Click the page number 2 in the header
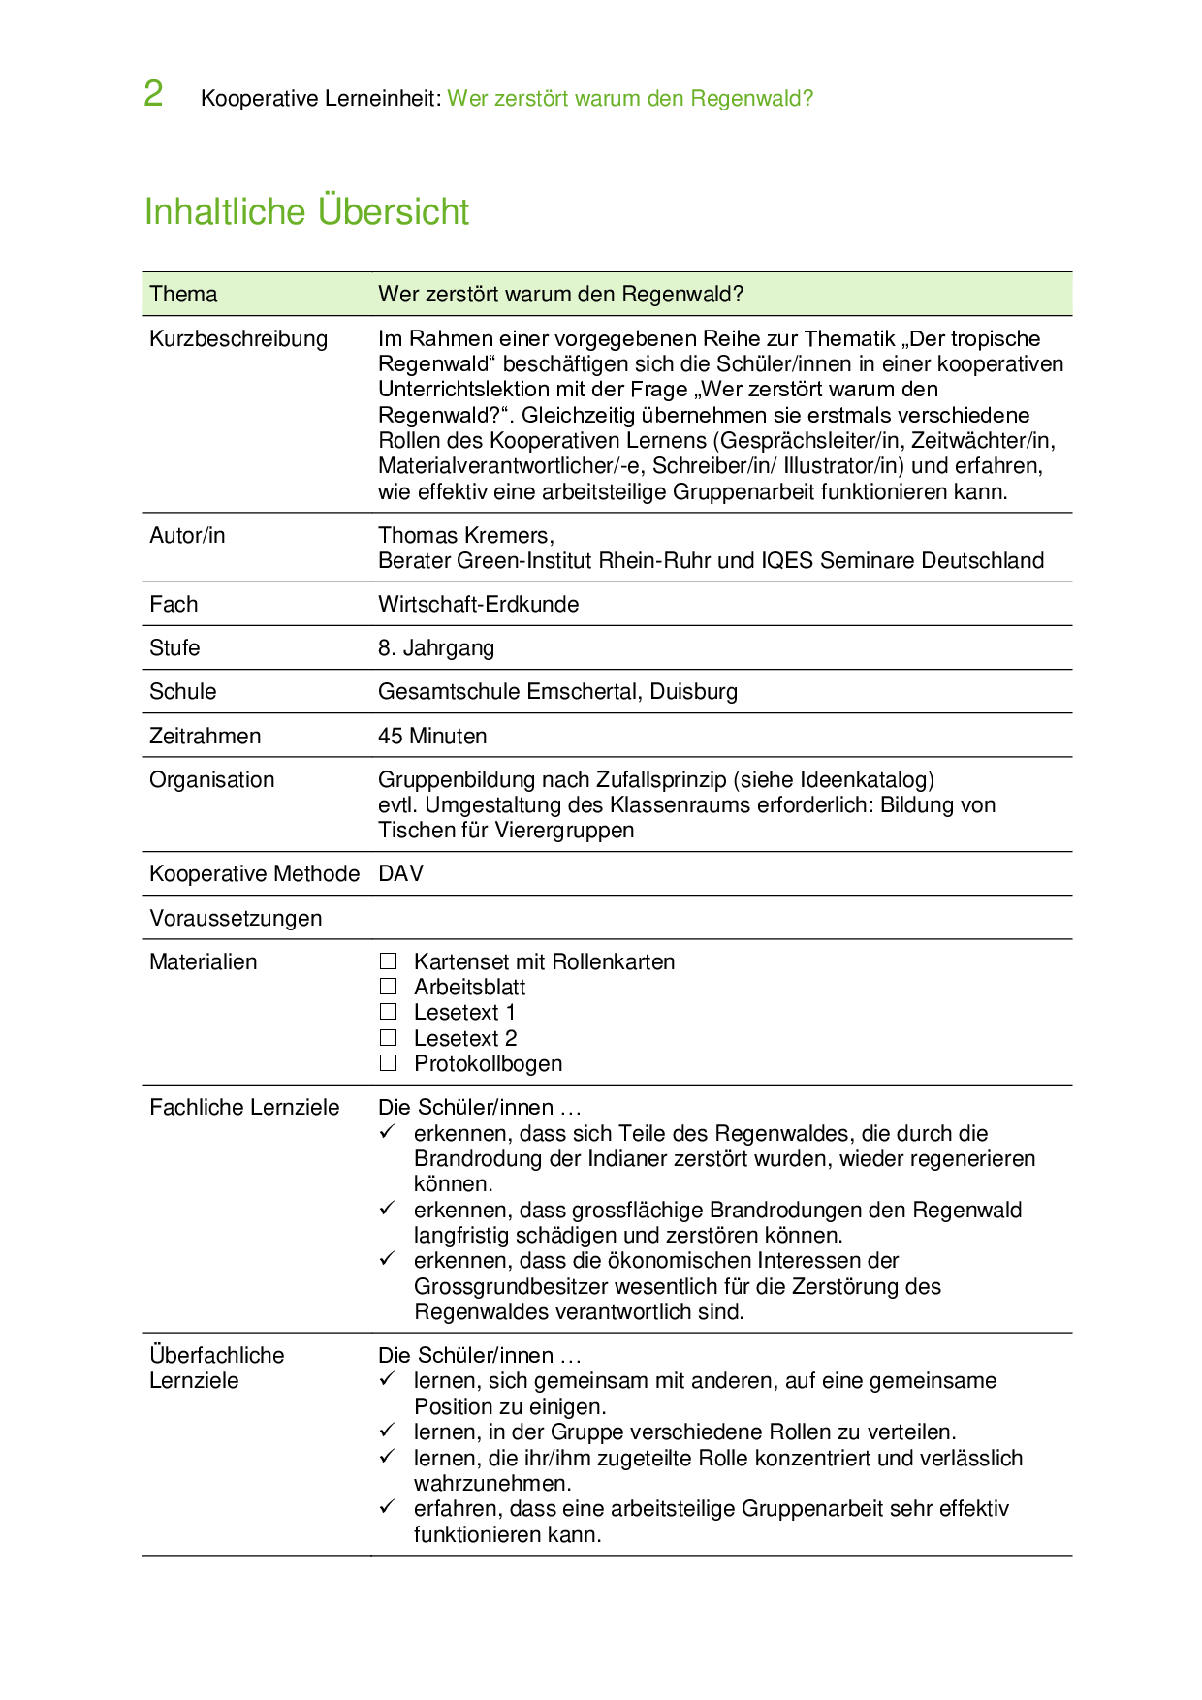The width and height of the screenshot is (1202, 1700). (x=153, y=94)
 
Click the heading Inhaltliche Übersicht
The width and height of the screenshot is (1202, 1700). (x=306, y=211)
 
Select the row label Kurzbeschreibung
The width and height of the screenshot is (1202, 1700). (x=238, y=338)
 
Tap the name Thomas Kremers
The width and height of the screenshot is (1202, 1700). (x=464, y=535)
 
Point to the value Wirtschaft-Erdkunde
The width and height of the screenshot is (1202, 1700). (x=478, y=604)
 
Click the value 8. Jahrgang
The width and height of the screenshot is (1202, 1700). (x=436, y=647)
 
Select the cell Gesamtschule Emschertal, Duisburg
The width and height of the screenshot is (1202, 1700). (x=557, y=691)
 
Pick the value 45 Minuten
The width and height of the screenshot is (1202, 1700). (x=432, y=736)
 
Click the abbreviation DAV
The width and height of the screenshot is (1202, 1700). (x=400, y=873)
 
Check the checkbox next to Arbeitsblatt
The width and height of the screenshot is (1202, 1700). (x=389, y=987)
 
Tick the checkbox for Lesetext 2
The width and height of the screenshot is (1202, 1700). (x=389, y=1038)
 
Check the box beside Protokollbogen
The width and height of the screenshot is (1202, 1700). (x=389, y=1063)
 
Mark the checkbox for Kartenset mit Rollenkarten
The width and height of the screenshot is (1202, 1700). (x=389, y=961)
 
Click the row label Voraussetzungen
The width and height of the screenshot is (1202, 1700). (x=236, y=918)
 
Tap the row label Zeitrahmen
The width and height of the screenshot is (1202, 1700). (x=205, y=736)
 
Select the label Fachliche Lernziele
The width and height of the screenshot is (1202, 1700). (x=244, y=1107)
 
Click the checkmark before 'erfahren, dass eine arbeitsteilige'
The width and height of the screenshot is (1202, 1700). (x=387, y=1507)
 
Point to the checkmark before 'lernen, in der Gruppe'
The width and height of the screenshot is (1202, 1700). (x=387, y=1431)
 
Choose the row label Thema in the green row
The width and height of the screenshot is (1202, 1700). (x=183, y=294)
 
